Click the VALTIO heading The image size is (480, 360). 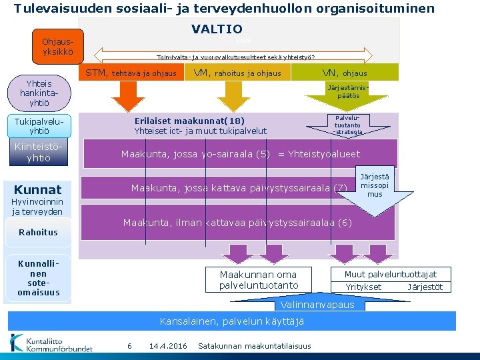217,29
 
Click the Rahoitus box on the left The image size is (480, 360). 38,232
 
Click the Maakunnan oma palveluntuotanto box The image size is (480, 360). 259,280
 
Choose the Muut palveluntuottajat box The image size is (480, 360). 391,275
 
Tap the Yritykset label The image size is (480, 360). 363,287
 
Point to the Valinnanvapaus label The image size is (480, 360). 317,305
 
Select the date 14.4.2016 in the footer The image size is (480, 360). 168,345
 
